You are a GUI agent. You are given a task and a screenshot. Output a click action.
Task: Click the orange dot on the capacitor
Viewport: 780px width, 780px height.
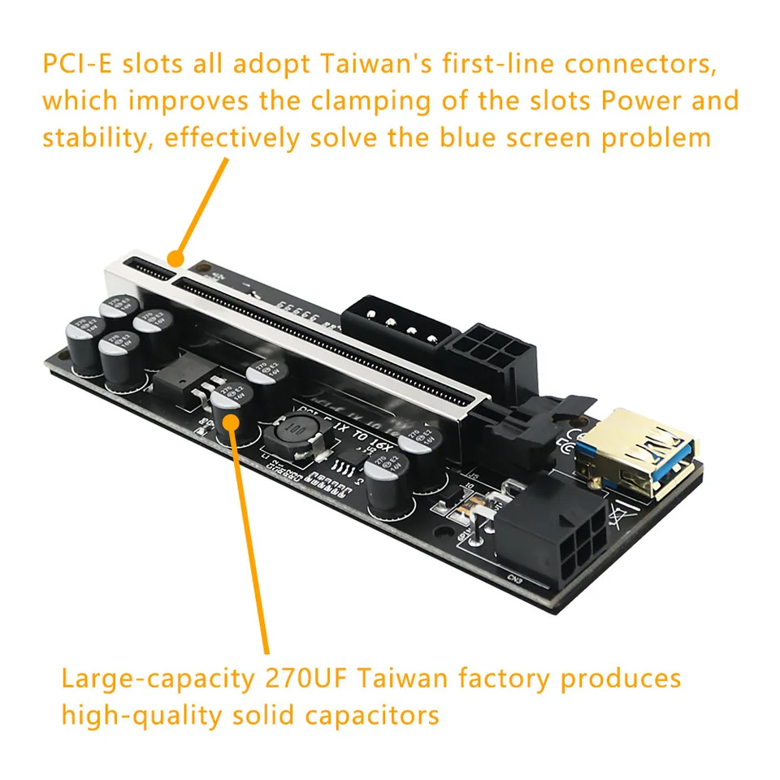(x=232, y=420)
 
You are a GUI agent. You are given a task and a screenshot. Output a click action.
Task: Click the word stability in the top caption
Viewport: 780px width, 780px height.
(x=97, y=136)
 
